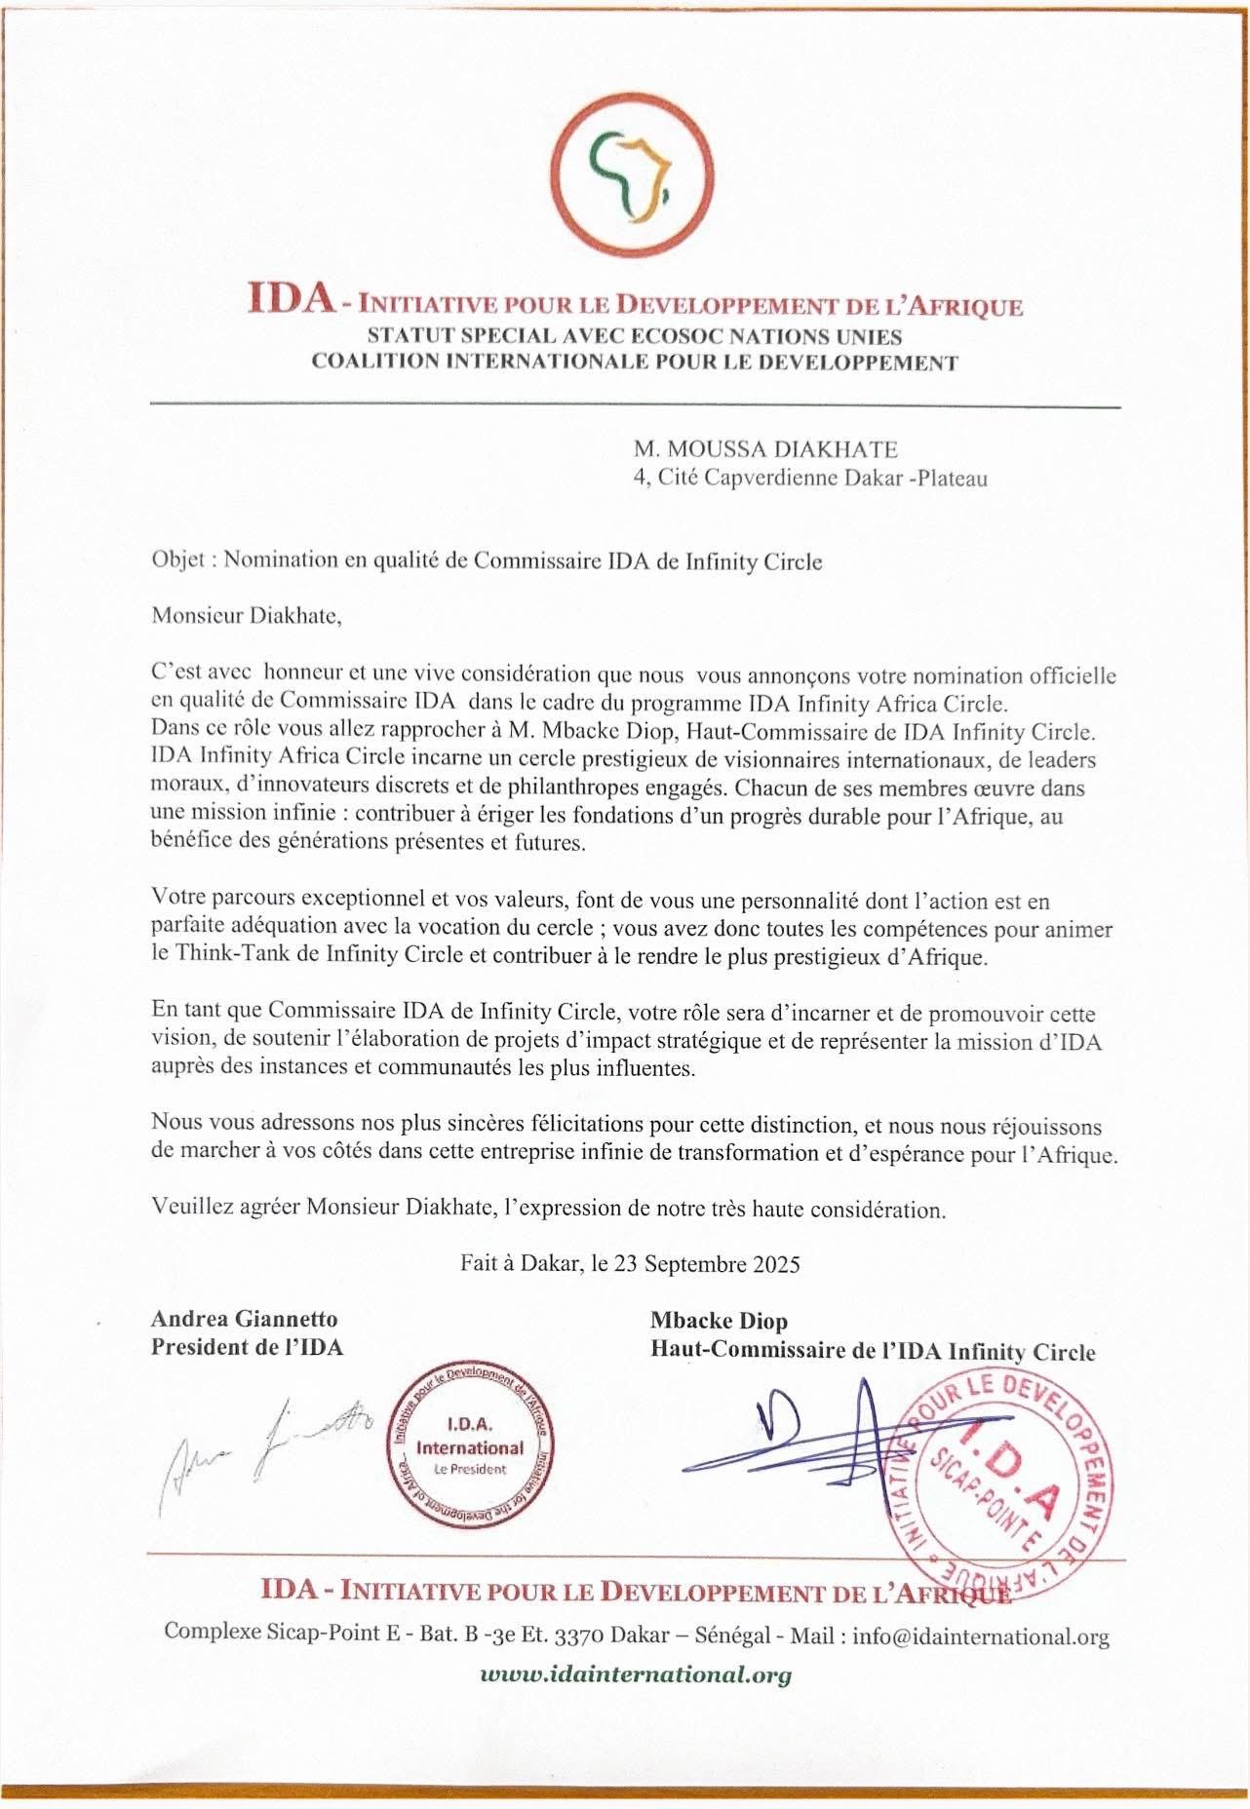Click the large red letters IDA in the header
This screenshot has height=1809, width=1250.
(x=290, y=297)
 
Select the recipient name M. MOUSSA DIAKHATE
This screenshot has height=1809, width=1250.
(x=765, y=449)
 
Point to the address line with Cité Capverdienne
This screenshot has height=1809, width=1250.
(x=809, y=478)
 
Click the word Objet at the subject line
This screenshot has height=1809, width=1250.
(x=178, y=560)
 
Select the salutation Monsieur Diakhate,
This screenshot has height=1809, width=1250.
(x=247, y=616)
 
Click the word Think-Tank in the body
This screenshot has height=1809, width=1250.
(x=232, y=954)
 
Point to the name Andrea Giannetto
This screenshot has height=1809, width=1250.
(x=244, y=1319)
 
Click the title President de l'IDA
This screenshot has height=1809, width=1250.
(x=247, y=1347)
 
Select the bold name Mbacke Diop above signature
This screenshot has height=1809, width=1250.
(x=719, y=1321)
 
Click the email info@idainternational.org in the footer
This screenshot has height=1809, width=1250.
(x=980, y=1636)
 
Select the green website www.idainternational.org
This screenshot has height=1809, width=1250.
(x=635, y=1674)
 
